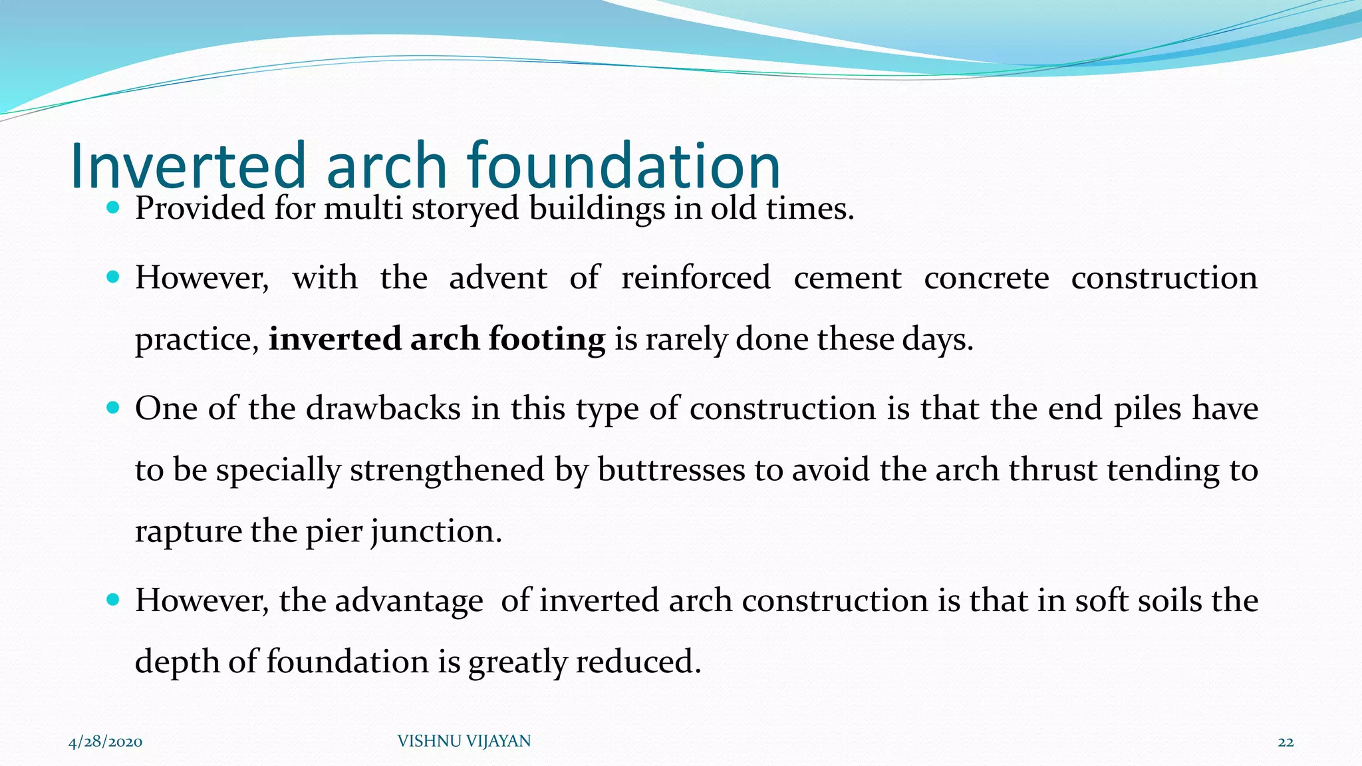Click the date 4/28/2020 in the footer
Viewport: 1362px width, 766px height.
click(x=105, y=741)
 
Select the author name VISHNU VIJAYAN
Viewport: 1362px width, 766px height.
click(x=464, y=741)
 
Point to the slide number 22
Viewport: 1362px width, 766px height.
click(x=1286, y=741)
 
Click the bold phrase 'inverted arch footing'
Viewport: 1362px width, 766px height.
click(x=437, y=339)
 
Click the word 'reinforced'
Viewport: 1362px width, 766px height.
click(x=696, y=277)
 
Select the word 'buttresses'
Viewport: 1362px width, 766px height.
click(x=671, y=469)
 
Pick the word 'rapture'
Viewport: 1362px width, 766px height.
click(x=188, y=531)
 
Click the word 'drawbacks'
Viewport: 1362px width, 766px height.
click(x=383, y=408)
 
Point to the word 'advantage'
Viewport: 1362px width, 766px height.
click(x=409, y=600)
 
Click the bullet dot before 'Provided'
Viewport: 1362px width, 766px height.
click(x=112, y=208)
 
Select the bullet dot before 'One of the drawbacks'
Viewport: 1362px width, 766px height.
click(x=112, y=408)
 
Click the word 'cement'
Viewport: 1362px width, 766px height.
click(x=847, y=277)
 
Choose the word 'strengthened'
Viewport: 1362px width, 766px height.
click(x=447, y=469)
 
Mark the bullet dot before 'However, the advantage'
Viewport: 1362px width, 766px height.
click(x=112, y=600)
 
